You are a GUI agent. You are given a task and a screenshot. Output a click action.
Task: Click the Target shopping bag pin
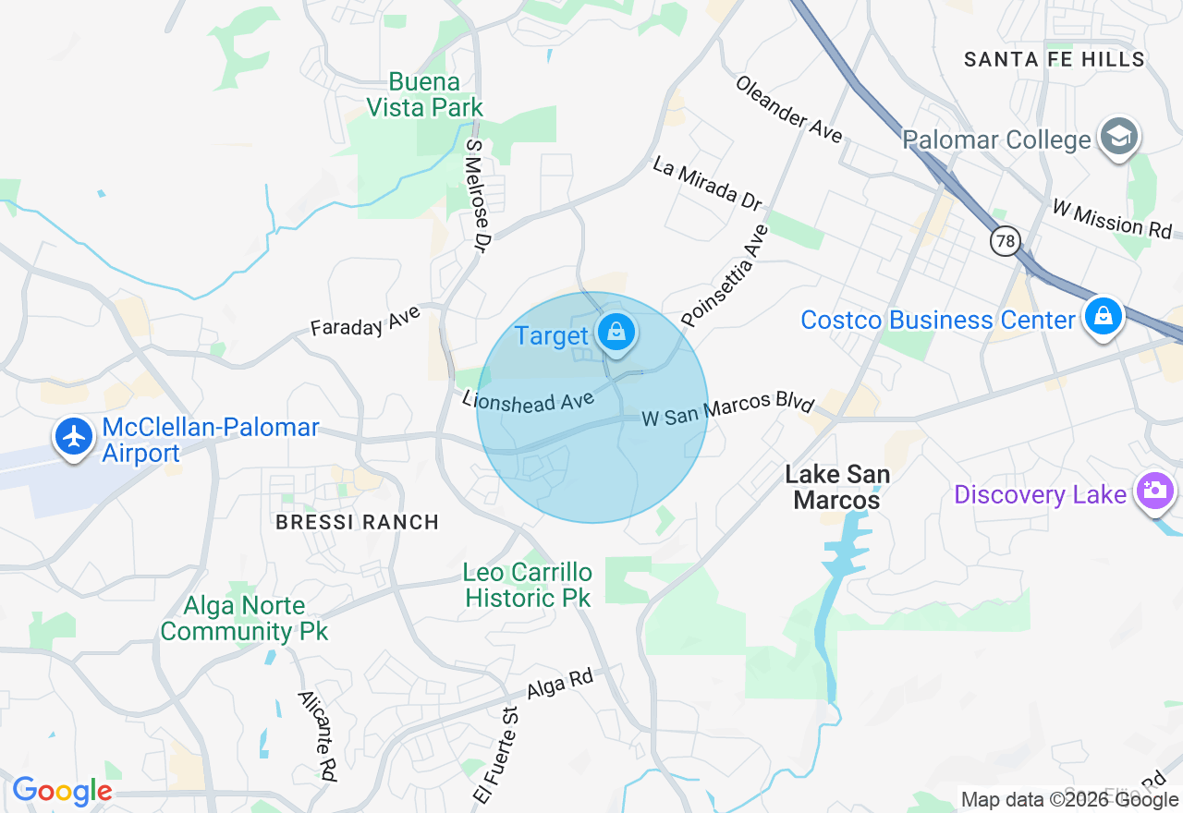tap(616, 332)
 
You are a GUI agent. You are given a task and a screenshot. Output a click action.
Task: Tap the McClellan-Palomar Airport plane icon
tap(74, 436)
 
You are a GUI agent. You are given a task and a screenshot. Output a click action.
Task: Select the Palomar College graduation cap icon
tap(1119, 138)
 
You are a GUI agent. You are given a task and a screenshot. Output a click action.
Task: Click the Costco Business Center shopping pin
tap(1103, 316)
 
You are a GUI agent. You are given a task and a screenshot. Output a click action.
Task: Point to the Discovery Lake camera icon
tap(1154, 490)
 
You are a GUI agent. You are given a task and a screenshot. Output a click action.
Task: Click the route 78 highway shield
tap(1004, 241)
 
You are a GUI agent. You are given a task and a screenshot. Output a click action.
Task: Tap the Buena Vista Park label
tap(424, 95)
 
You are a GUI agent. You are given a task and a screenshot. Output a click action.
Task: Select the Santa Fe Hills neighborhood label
tap(1054, 59)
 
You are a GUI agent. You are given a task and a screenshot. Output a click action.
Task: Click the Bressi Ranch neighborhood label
tap(357, 522)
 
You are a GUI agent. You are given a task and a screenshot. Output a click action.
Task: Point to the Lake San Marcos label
tap(837, 487)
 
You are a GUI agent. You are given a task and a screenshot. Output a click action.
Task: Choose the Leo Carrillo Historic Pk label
tap(528, 585)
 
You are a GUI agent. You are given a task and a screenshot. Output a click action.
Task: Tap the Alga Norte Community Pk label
tap(244, 619)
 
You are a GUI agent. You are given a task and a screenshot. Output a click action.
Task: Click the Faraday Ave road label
tap(365, 321)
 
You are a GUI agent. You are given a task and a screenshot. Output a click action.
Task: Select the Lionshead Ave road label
tap(528, 401)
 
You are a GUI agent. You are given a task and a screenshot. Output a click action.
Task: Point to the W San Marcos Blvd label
tap(728, 411)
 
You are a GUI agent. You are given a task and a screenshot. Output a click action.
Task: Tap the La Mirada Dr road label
tap(707, 183)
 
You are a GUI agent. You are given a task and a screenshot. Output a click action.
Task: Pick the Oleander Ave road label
tap(789, 109)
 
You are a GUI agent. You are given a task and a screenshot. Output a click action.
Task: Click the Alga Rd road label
tap(560, 684)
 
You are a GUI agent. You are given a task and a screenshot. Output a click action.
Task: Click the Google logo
tap(62, 792)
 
